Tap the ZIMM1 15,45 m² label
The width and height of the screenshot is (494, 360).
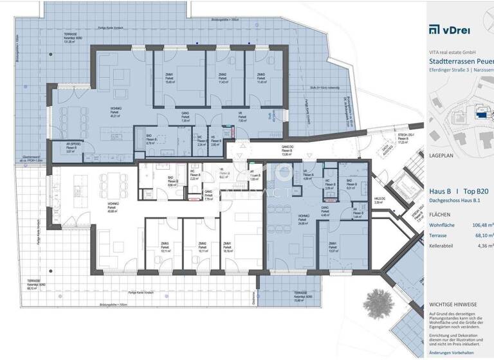tap(170, 78)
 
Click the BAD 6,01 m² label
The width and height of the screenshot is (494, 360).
tap(350, 185)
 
